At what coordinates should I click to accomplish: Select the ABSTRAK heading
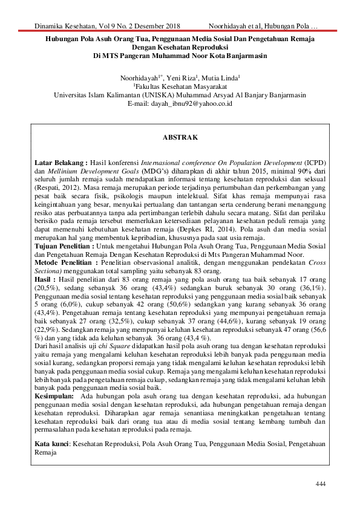(x=180, y=138)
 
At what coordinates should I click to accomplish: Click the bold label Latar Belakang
(x=61, y=163)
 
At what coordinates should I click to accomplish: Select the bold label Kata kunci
(x=52, y=444)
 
